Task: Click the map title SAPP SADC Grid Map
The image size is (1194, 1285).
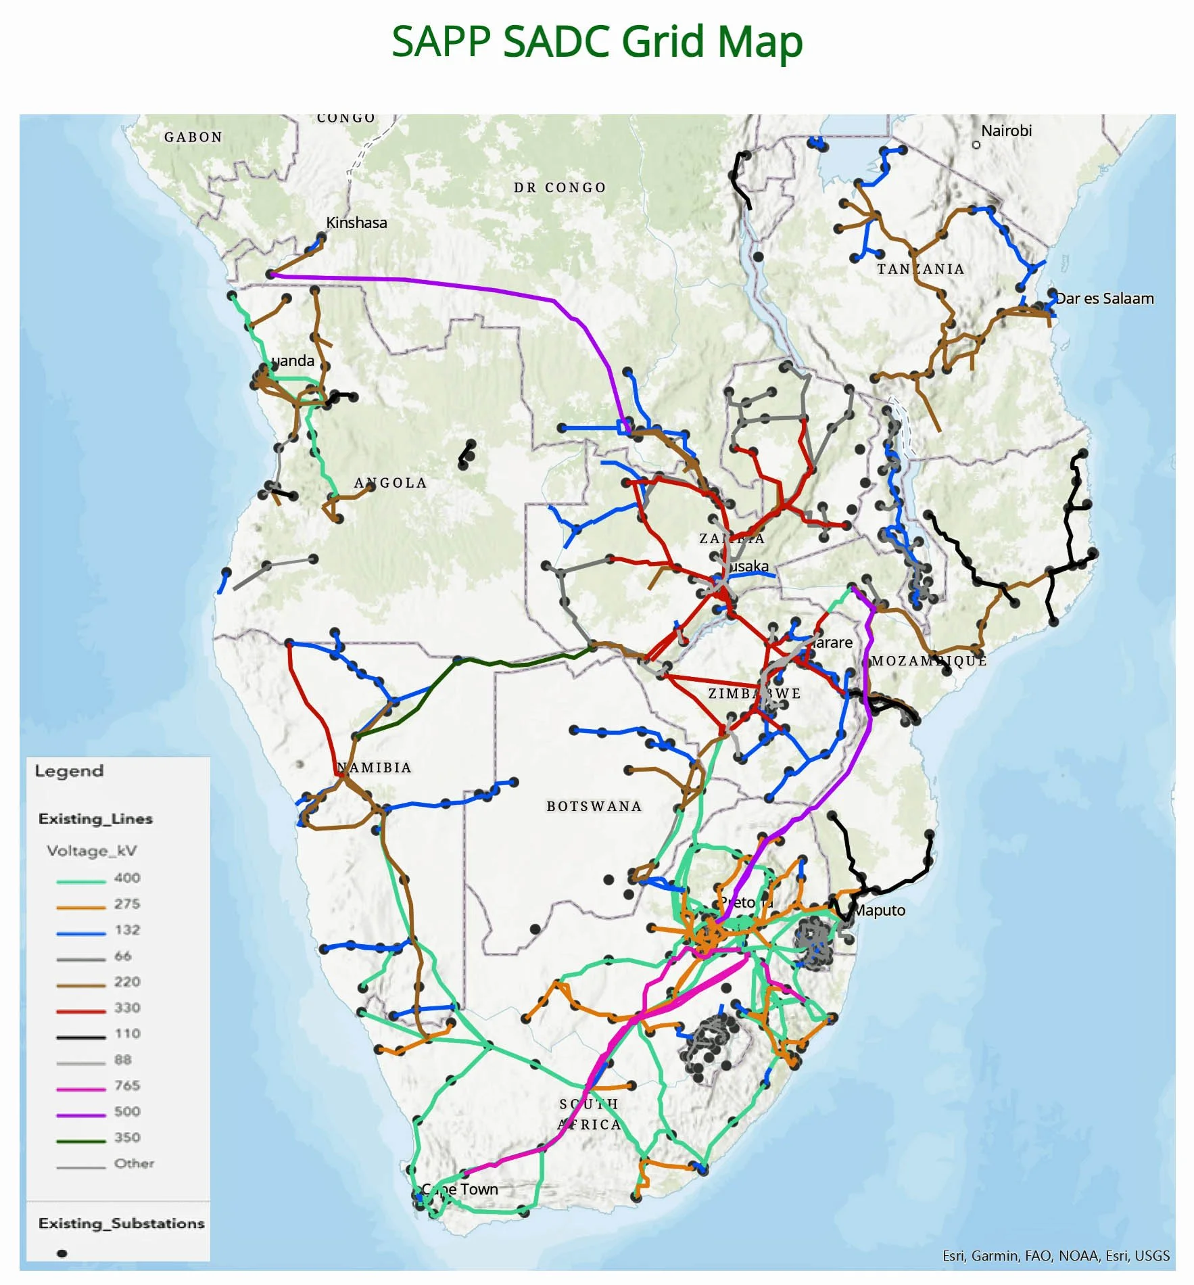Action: click(597, 42)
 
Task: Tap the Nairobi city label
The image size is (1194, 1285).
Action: click(1006, 131)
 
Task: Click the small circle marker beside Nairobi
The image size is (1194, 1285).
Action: click(976, 145)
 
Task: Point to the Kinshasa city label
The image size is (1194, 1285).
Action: click(356, 223)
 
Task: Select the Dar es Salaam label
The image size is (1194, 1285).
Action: click(1105, 298)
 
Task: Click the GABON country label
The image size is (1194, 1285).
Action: click(193, 137)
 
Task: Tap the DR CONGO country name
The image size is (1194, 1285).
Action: click(560, 187)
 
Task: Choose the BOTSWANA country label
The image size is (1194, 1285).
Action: click(594, 806)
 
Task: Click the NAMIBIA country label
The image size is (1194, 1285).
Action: click(375, 768)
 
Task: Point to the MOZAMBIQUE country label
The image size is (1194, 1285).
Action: click(929, 661)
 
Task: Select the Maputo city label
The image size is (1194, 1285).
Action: click(879, 910)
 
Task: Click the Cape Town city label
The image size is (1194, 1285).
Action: click(460, 1189)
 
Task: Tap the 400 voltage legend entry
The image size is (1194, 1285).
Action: click(127, 878)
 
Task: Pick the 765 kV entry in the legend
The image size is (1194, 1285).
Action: click(127, 1085)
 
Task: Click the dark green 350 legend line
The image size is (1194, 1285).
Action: click(81, 1141)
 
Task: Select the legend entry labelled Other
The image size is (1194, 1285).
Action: click(134, 1163)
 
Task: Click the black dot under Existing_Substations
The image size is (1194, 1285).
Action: click(62, 1253)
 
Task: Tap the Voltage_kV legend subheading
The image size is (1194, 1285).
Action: click(92, 850)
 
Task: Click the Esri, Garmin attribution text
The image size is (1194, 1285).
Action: click(1055, 1256)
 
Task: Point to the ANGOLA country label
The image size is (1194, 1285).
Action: click(391, 483)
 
